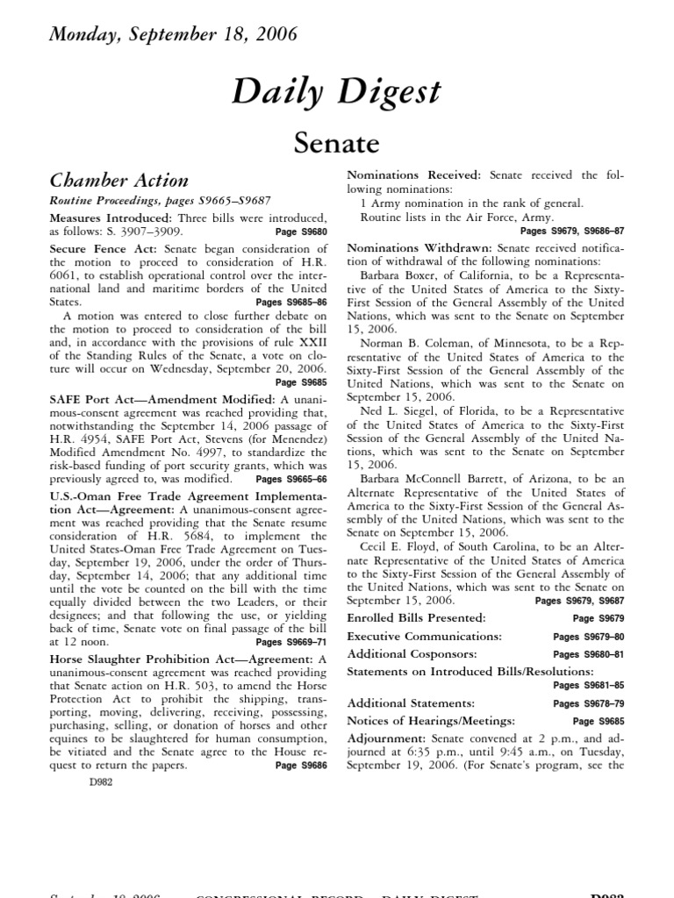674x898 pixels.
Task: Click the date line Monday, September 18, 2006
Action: click(x=174, y=35)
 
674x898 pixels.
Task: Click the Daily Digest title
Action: click(x=336, y=92)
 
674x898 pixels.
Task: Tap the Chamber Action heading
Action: click(x=118, y=181)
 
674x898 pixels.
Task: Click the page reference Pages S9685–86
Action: click(x=284, y=302)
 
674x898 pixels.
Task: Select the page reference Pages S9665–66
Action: click(x=290, y=480)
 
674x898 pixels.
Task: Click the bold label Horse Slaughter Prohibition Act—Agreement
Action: click(x=180, y=658)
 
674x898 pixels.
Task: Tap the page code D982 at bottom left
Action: click(x=102, y=783)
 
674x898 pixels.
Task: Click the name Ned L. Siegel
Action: click(x=395, y=411)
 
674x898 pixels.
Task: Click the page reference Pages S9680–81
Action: click(x=588, y=654)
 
